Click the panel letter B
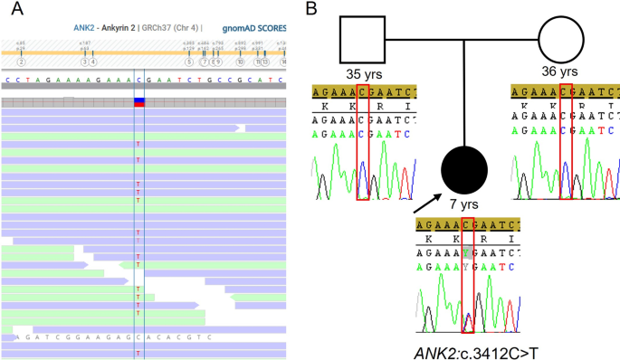311,11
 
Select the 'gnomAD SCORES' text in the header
255,27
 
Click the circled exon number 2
20,62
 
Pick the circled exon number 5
189,62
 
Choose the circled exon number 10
240,62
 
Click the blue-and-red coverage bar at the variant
138,101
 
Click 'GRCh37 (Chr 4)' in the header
174,27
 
